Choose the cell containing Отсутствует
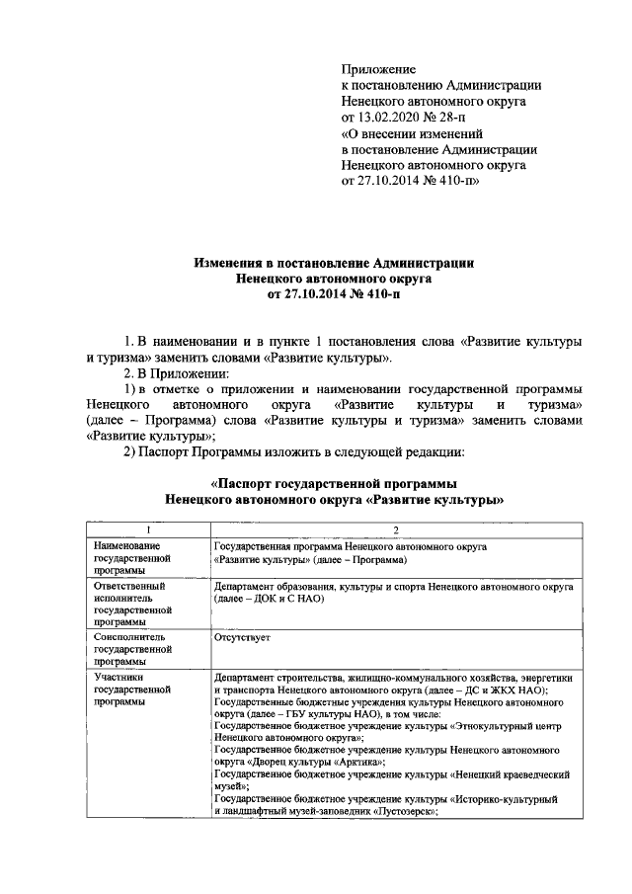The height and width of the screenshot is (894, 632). point(242,637)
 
